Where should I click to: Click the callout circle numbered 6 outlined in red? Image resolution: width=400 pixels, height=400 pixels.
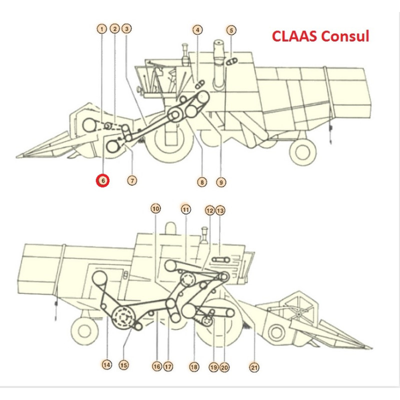click(x=102, y=180)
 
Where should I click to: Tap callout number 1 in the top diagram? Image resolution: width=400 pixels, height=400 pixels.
click(x=102, y=29)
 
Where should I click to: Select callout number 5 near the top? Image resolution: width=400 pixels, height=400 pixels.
click(x=231, y=30)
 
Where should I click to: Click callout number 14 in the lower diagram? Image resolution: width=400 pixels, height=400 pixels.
click(x=106, y=365)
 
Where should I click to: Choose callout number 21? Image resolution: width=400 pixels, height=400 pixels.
click(x=254, y=368)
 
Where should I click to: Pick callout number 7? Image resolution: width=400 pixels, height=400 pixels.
click(x=131, y=180)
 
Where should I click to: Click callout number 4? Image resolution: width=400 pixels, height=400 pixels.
click(x=198, y=30)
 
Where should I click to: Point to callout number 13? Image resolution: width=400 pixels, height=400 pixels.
click(x=220, y=210)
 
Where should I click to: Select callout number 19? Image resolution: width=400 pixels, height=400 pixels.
click(x=213, y=367)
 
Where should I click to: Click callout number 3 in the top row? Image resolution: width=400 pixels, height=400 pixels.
click(x=127, y=29)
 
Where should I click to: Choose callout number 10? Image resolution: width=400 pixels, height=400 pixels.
click(x=156, y=208)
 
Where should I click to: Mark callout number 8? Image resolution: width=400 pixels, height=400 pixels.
click(x=201, y=182)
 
